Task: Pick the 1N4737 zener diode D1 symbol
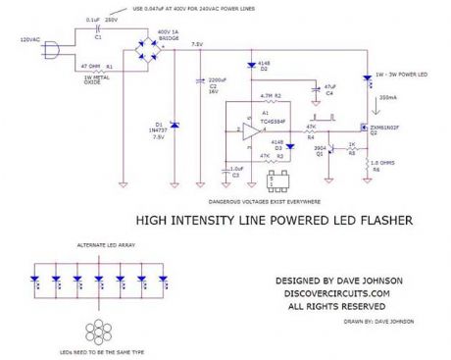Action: coord(174,125)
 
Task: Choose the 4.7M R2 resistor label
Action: coord(271,96)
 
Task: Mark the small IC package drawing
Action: coord(290,180)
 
